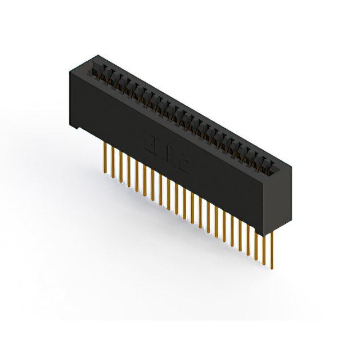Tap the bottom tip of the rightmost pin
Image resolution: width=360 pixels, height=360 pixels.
pos(272,268)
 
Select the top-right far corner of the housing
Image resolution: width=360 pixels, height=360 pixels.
pos(291,163)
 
